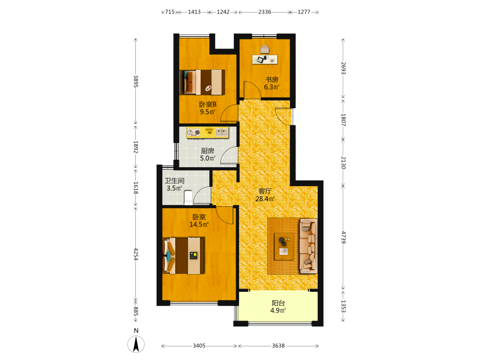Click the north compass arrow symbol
136,344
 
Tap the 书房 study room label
272,80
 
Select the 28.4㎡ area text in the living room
265,199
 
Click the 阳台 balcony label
278,303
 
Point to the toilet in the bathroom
188,197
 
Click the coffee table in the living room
284,246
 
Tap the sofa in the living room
308,246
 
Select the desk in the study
265,60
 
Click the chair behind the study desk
265,49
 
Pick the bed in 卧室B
203,82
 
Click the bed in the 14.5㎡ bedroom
184,256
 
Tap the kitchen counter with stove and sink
208,132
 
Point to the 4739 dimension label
343,237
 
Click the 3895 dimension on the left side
136,82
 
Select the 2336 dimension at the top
265,12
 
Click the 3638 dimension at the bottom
278,346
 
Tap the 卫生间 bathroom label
175,181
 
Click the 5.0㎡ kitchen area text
208,158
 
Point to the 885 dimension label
136,312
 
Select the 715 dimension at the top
170,12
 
